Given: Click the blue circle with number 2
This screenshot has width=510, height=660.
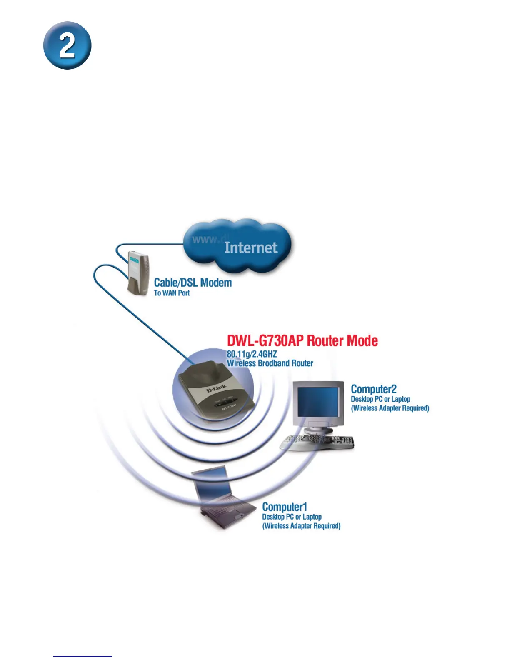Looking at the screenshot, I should (67, 45).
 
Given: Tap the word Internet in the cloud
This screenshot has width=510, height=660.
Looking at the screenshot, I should (251, 247).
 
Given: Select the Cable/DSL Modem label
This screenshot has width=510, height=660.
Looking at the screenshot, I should (193, 282).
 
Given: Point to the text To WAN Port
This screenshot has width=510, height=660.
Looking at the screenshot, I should (172, 293).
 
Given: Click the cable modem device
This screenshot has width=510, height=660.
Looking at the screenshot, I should (138, 273).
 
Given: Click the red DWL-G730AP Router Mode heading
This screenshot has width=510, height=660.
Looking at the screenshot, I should (302, 341).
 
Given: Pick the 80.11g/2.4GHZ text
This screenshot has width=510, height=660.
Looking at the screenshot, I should (252, 354).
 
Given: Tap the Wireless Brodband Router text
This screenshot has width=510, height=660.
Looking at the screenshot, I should (270, 363).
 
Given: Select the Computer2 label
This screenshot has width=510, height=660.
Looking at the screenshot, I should (374, 389).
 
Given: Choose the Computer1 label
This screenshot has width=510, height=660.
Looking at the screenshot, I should (285, 507).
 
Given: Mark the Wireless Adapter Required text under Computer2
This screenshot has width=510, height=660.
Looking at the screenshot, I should (390, 408).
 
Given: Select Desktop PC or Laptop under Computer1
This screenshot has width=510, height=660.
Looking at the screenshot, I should (292, 517).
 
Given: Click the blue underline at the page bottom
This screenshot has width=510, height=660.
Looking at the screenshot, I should (82, 657).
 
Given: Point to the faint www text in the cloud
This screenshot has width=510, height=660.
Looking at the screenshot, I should (205, 239).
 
